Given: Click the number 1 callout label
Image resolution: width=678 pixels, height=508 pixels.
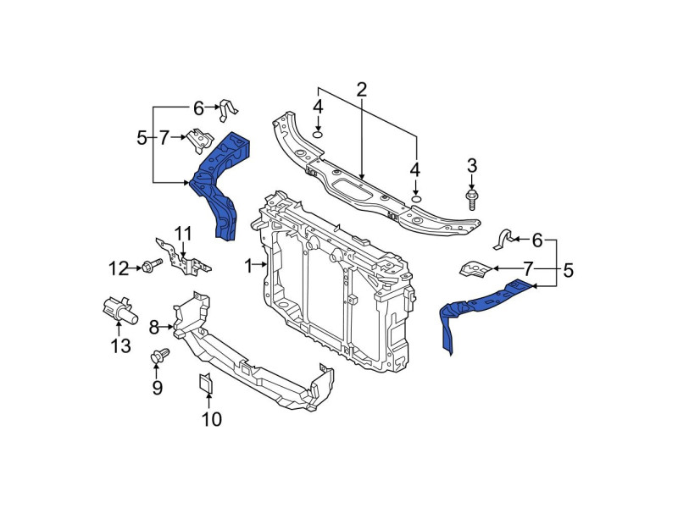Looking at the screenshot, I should tap(248, 267).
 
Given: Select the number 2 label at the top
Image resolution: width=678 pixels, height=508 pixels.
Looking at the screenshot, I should tap(362, 89).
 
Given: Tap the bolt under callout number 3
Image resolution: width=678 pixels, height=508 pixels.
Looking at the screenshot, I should tap(472, 199).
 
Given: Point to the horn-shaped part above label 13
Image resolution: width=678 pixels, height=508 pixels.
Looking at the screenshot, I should tap(119, 309).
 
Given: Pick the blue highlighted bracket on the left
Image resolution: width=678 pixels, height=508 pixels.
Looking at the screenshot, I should tap(220, 182).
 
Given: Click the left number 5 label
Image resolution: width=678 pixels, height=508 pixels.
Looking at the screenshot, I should tap(142, 137).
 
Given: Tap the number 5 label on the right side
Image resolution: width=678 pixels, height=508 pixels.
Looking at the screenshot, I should tap(568, 271).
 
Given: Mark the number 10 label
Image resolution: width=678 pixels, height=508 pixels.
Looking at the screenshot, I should tap(211, 418).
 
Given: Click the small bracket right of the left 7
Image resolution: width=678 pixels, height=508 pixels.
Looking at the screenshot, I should tap(201, 140).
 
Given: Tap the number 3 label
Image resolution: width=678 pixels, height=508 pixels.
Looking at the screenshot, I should tap(472, 164).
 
